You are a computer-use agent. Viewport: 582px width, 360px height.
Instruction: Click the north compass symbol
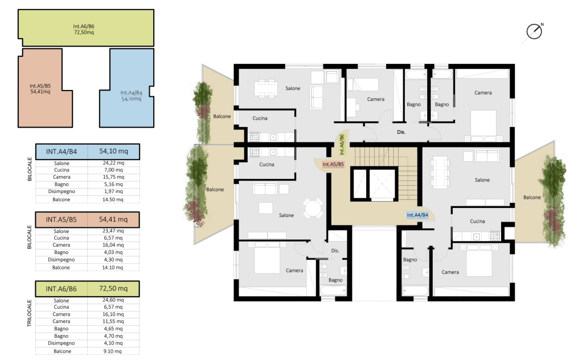tap(534, 32)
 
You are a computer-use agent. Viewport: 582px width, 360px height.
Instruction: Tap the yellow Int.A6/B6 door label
tap(342, 144)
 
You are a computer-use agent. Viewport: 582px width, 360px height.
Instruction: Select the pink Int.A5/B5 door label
tap(333, 165)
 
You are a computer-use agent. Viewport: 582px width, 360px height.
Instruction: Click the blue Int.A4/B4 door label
tap(417, 215)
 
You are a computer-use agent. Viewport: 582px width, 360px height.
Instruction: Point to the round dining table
tap(313, 208)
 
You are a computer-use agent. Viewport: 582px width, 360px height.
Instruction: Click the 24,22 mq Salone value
tap(113, 163)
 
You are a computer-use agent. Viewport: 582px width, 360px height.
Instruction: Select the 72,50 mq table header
tap(113, 288)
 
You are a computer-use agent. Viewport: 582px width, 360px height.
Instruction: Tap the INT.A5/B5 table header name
tap(62, 220)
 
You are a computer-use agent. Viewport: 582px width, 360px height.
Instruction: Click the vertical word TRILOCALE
tap(29, 313)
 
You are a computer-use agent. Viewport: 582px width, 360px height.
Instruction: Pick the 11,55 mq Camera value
tap(113, 321)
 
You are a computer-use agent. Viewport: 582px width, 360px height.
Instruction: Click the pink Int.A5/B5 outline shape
tap(46, 88)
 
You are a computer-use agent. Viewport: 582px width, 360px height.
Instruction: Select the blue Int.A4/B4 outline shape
tap(126, 88)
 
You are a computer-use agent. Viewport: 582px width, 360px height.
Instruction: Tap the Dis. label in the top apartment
tap(401, 132)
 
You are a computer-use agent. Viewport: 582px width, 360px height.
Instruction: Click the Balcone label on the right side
tap(532, 198)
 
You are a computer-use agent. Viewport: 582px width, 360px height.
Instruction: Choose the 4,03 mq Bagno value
tap(113, 252)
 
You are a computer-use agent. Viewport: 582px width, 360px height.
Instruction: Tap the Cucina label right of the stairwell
tap(477, 221)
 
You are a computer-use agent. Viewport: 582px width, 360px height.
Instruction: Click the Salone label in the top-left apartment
tap(293, 88)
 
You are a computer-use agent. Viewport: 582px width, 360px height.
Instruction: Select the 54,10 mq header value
tap(113, 152)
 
